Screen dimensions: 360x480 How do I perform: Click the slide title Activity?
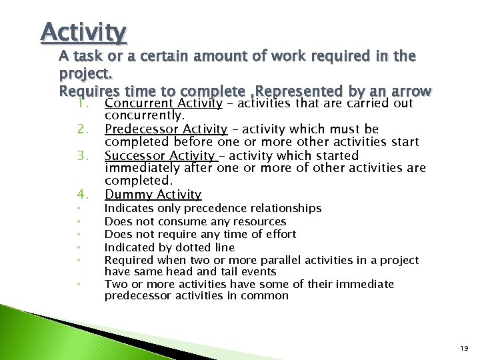(83, 31)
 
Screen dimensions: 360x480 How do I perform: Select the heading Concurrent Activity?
(163, 103)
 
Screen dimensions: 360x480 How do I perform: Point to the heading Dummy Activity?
(153, 194)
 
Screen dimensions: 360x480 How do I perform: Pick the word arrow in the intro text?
(413, 91)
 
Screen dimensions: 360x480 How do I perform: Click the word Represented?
(297, 91)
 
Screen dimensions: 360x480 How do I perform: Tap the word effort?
(279, 234)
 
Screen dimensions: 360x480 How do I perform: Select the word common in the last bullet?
(267, 296)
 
